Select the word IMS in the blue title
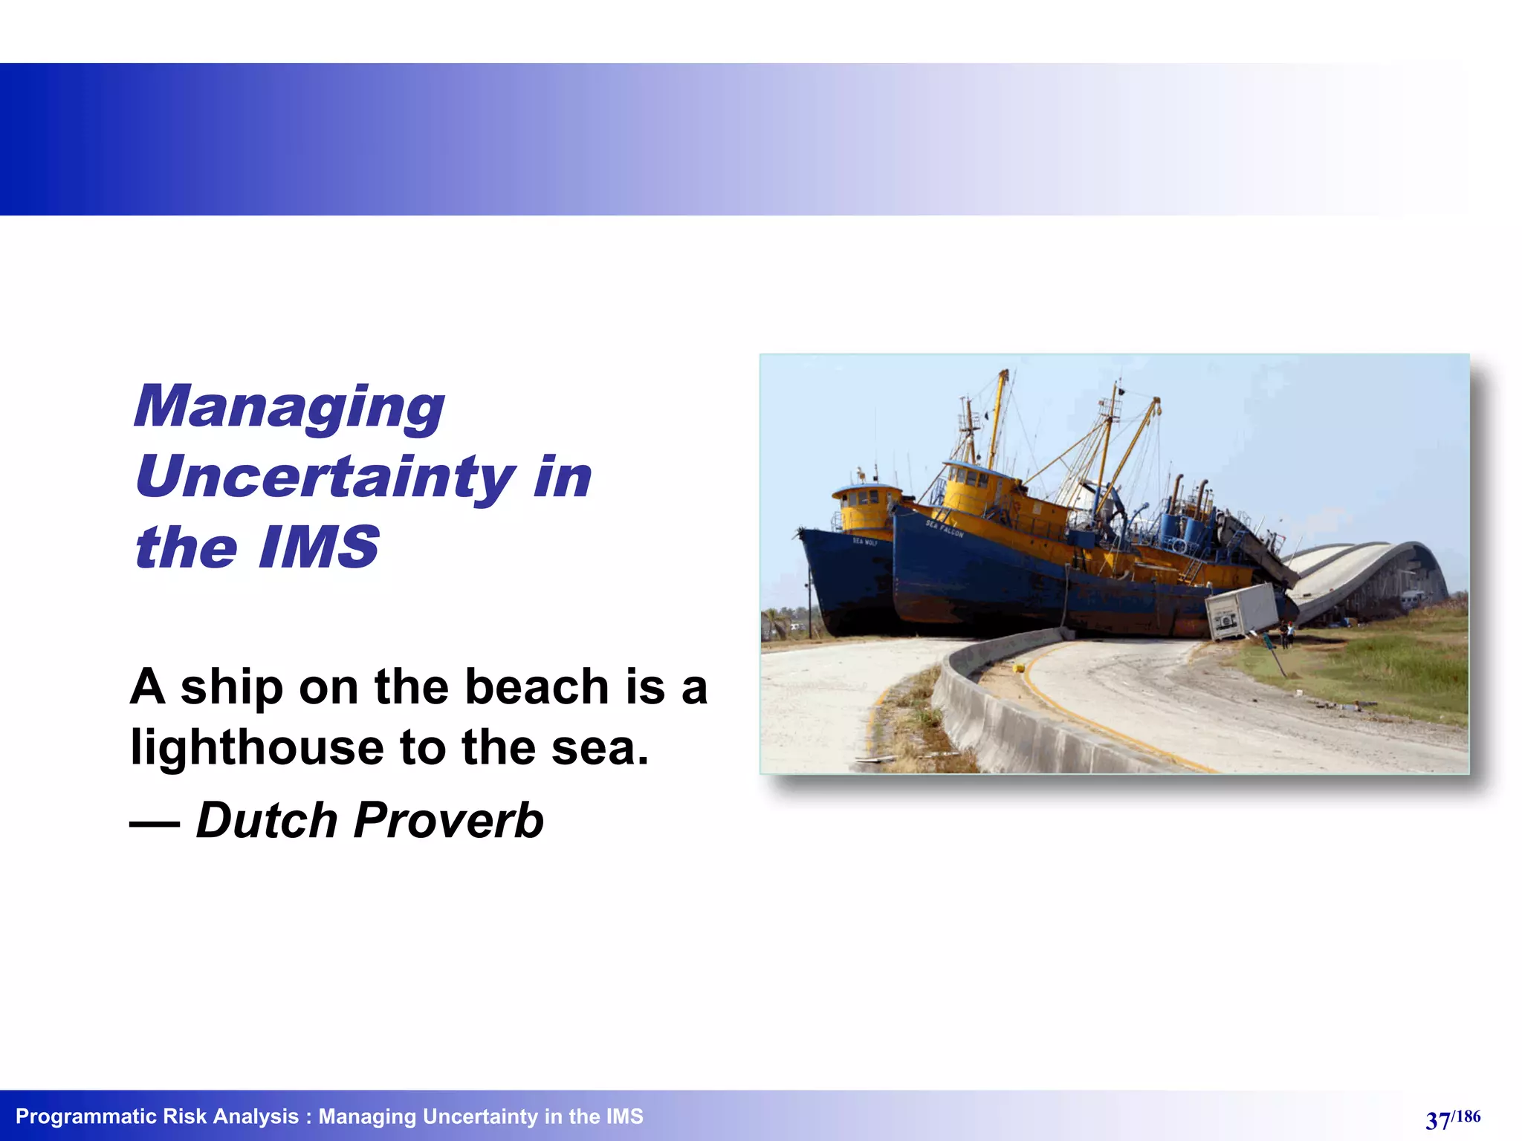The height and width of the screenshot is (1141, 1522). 319,547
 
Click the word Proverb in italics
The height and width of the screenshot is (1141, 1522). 448,820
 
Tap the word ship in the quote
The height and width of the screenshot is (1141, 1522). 231,687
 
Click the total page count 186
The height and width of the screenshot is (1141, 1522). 1467,1116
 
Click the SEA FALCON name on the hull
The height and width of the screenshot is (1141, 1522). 944,528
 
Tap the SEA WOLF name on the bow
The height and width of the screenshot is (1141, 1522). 864,542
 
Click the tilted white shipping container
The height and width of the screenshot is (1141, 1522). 1240,611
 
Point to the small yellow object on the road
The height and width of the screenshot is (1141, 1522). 1019,668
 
